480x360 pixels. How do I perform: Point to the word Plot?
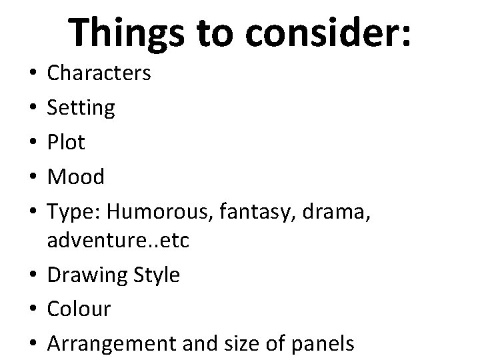tap(65, 142)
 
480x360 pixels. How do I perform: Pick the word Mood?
tap(76, 177)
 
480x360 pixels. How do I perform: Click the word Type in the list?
tap(74, 212)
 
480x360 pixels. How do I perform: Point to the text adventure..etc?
tap(118, 240)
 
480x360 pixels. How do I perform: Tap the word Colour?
tap(79, 309)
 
